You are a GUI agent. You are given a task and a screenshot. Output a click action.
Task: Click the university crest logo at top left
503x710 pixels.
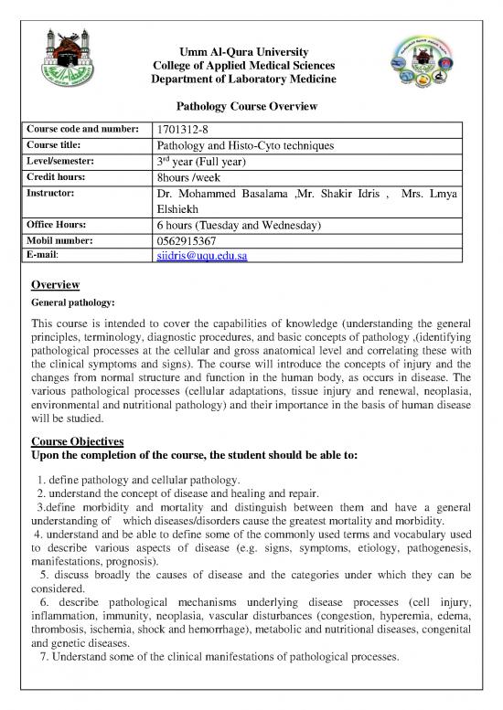tap(70, 59)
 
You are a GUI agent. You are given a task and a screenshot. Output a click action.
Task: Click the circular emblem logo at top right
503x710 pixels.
tap(429, 69)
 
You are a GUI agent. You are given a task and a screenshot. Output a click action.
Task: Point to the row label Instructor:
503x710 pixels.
tap(57, 195)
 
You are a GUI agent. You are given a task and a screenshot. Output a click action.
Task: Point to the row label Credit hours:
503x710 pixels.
tap(63, 176)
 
